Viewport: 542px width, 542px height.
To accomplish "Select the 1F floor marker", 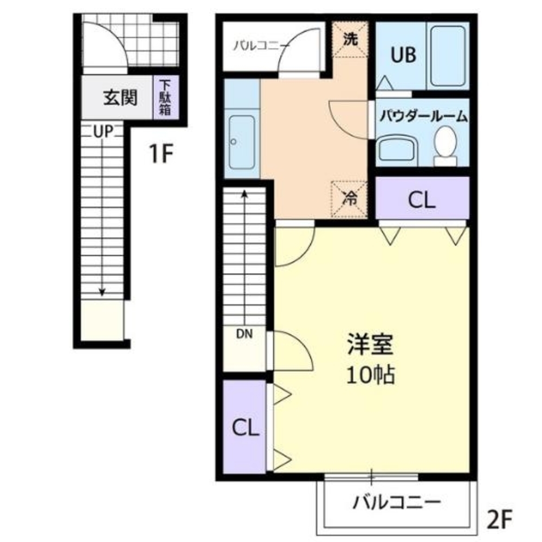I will pos(160,156).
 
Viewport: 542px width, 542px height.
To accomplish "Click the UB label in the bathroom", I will pos(401,55).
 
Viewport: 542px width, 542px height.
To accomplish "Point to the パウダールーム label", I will pos(423,115).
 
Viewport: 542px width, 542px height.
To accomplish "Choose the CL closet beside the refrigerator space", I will pos(422,201).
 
